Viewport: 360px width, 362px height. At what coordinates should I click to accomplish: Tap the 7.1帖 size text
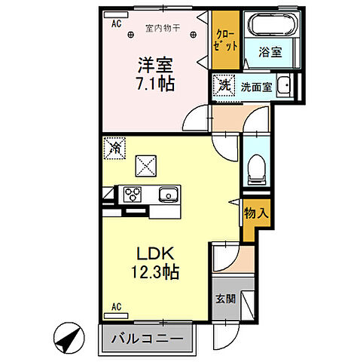coord(155,84)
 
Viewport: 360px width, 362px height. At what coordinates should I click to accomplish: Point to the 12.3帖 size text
coord(157,272)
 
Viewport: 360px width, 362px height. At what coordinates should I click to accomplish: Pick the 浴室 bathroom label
coord(271,54)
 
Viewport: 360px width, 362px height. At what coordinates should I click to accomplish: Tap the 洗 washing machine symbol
coord(224,86)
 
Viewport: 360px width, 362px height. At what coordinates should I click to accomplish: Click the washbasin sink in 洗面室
coord(284,87)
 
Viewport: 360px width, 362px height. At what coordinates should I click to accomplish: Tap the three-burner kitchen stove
coord(134,194)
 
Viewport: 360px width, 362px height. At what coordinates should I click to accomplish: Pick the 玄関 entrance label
coord(225,299)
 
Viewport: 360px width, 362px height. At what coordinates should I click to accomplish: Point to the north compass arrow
coord(69,335)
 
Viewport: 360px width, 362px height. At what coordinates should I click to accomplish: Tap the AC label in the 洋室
coord(117,24)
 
